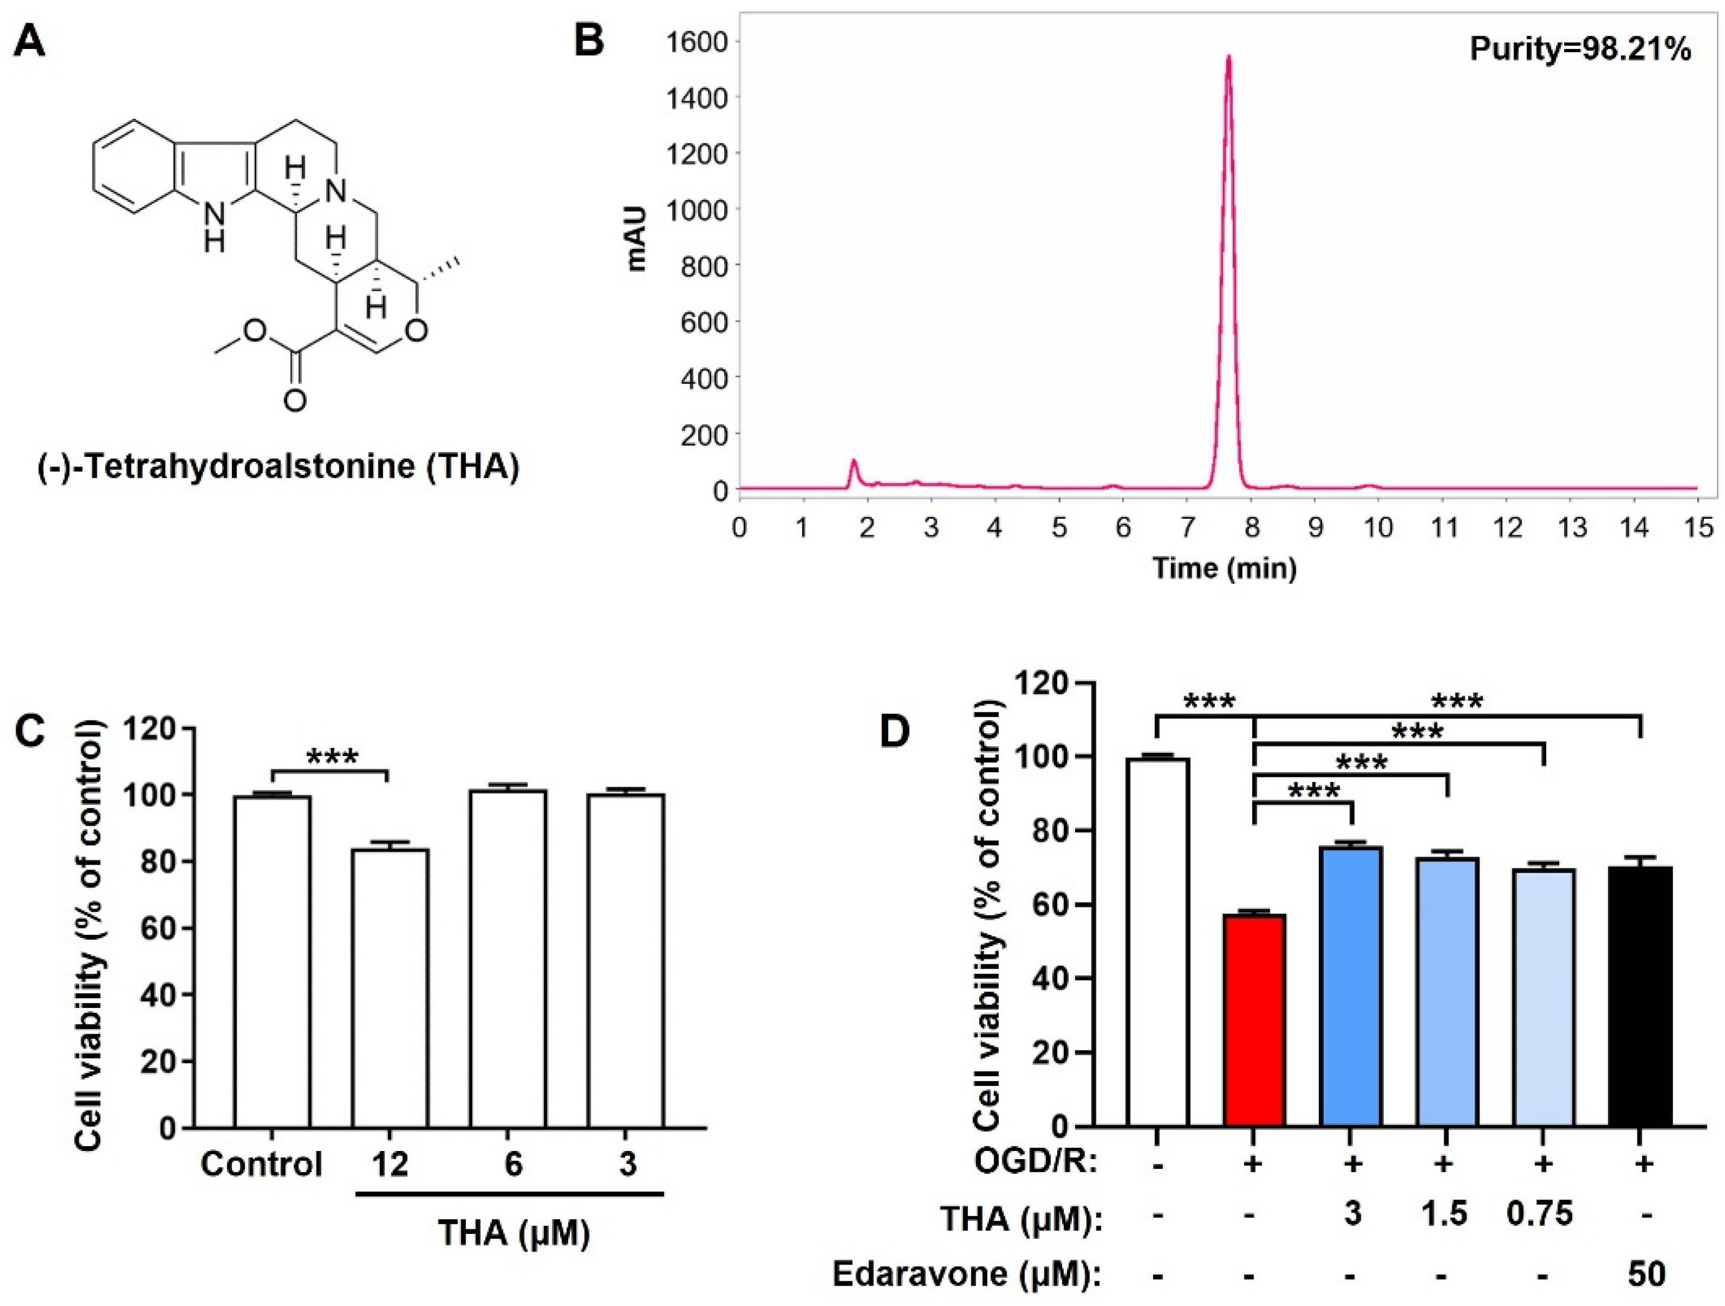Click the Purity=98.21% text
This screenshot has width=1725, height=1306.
point(1580,50)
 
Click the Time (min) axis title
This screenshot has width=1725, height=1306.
point(1225,568)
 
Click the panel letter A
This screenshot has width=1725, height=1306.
point(30,40)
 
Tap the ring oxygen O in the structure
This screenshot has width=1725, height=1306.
point(417,330)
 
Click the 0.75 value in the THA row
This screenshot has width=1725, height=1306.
point(1540,1214)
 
